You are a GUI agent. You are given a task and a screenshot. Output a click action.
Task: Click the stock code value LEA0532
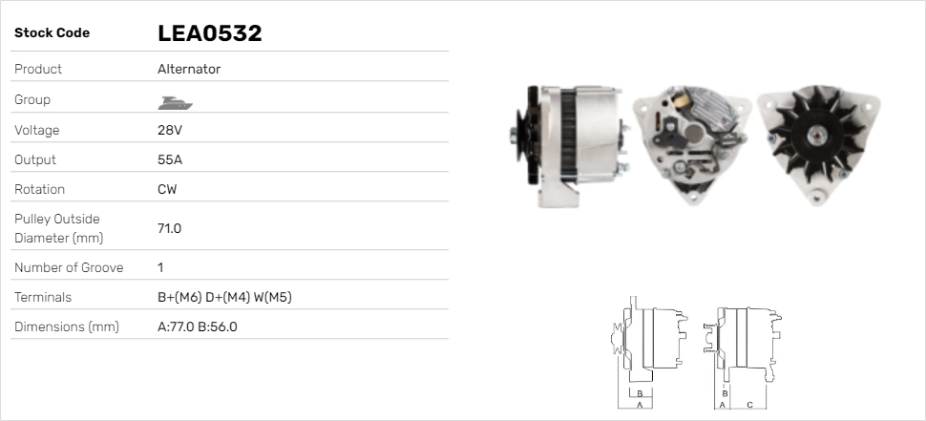[x=209, y=33]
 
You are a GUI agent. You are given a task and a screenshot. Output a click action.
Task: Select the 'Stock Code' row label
[x=52, y=33]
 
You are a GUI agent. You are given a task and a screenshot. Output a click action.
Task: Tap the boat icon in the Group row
[x=171, y=100]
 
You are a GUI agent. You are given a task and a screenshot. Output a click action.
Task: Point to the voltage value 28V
[x=169, y=130]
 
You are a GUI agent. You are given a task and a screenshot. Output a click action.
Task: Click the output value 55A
[x=169, y=159]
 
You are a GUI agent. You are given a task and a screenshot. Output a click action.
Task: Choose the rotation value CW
[x=167, y=189]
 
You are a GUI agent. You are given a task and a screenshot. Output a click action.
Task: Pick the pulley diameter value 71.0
[x=169, y=228]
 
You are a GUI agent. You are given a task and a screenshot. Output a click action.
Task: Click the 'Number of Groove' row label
[x=69, y=267]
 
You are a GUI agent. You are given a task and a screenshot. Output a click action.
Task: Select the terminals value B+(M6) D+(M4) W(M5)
[x=224, y=297]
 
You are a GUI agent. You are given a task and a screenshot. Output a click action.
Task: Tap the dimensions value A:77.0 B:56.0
[x=197, y=326]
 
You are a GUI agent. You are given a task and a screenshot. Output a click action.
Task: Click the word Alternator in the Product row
[x=189, y=69]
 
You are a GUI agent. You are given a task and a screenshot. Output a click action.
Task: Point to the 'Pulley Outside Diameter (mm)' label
[x=58, y=228]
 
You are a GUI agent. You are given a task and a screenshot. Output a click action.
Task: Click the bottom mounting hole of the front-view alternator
[x=818, y=195]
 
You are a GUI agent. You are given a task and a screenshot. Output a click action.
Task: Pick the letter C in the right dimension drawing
[x=749, y=405]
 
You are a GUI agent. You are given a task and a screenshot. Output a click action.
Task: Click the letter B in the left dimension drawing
[x=641, y=392]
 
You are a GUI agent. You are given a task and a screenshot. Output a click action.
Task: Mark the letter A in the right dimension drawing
[x=722, y=405]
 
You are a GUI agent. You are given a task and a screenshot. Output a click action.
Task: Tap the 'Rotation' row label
[x=34, y=189]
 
